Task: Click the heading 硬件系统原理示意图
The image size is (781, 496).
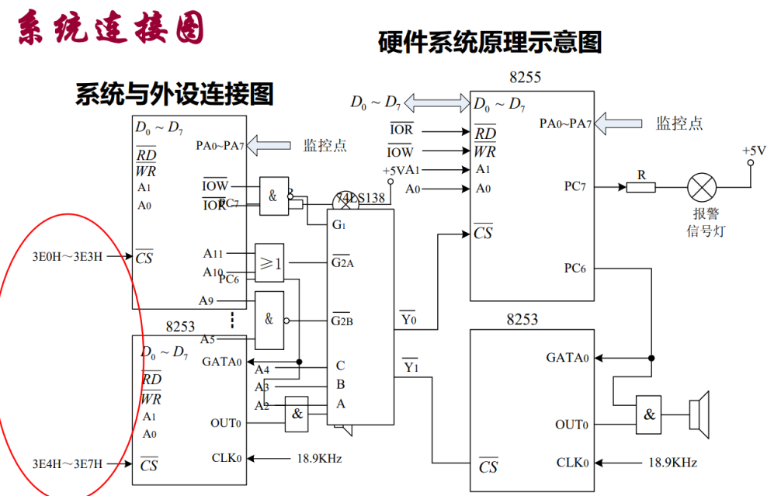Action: [490, 42]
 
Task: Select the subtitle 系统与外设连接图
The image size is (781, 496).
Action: [174, 95]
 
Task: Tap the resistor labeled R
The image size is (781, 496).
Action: [641, 186]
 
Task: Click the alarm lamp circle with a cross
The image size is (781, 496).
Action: [703, 187]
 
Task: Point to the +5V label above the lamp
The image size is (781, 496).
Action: [753, 151]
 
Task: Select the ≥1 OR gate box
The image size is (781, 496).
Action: [270, 264]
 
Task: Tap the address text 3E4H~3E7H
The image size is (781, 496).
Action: [68, 464]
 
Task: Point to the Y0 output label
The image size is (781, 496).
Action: [408, 318]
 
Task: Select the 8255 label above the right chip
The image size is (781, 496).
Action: [525, 78]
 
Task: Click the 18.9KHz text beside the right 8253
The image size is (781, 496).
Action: [672, 463]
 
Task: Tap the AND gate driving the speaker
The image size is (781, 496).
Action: [649, 414]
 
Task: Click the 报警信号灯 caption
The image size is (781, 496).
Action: [704, 222]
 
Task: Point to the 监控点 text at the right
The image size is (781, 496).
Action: [679, 123]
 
